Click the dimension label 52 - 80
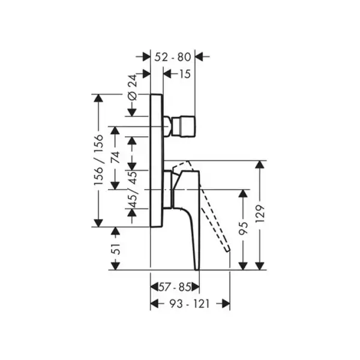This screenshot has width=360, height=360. click(x=173, y=57)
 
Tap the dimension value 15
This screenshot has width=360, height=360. click(x=185, y=74)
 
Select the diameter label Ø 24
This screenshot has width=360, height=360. click(x=133, y=88)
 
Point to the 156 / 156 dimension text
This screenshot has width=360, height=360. click(x=98, y=160)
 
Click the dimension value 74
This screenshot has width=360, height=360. click(x=115, y=157)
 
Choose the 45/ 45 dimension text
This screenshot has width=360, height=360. click(x=132, y=190)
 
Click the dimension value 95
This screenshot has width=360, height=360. click(x=244, y=229)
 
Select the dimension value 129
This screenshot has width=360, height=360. click(x=260, y=214)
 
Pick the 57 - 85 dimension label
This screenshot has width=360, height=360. click(x=175, y=287)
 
